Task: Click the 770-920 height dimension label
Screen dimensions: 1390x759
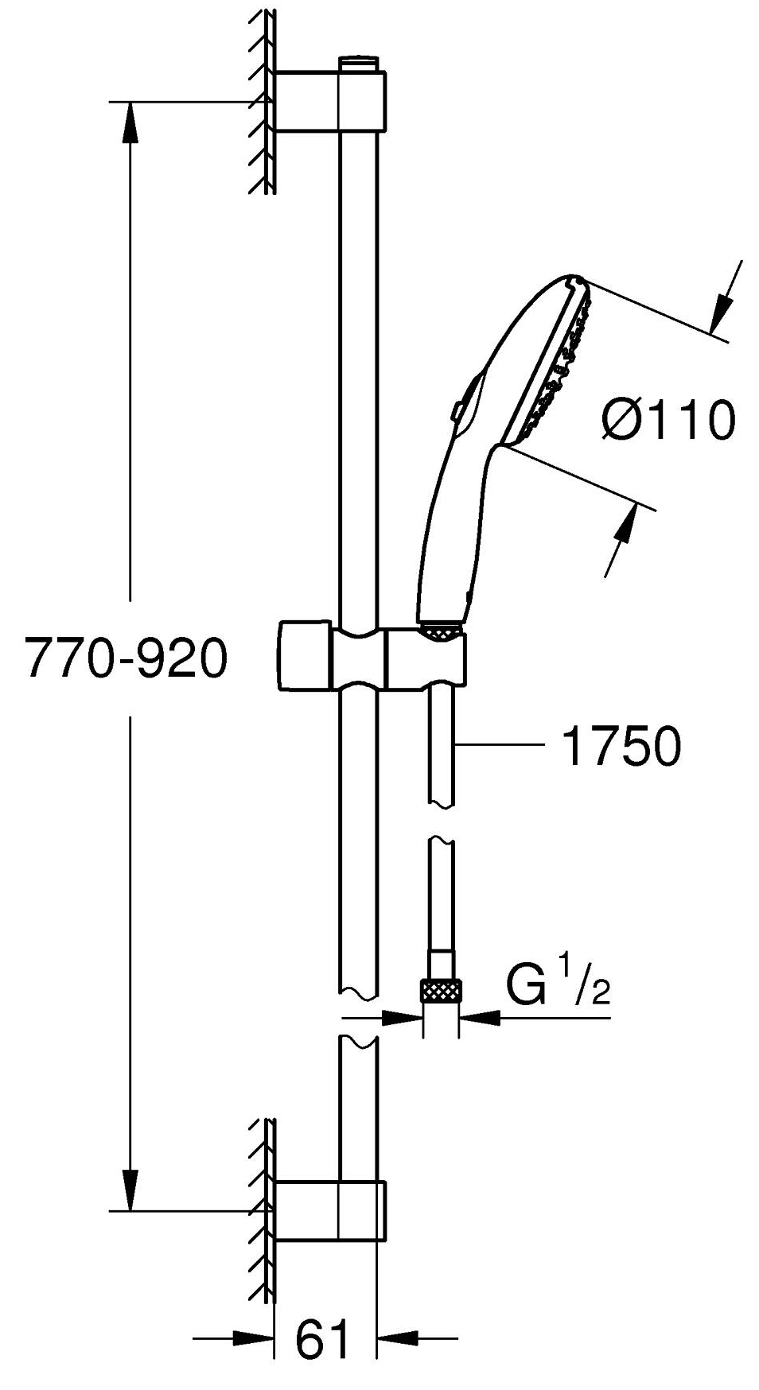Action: point(126,659)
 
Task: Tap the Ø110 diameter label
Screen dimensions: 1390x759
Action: point(667,421)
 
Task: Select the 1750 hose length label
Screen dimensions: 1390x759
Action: point(621,747)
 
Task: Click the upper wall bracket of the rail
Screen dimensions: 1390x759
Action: point(330,100)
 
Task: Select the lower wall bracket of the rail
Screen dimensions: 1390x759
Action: point(330,1210)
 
